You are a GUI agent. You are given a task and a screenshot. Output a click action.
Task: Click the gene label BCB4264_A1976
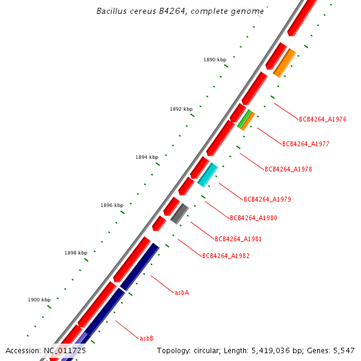(322, 119)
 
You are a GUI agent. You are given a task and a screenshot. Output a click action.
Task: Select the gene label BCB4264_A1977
(306, 144)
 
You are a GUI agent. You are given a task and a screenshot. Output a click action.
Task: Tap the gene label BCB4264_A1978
(288, 169)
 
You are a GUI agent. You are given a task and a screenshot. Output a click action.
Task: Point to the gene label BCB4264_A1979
(267, 199)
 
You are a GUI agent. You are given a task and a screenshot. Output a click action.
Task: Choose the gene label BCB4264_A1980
(253, 218)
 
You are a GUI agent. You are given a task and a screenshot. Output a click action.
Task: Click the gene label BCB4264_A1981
(238, 239)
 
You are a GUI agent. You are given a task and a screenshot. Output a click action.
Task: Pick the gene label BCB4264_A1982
(226, 256)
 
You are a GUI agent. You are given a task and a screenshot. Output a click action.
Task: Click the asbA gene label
(182, 292)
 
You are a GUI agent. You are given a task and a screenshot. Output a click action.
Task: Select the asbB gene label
(146, 338)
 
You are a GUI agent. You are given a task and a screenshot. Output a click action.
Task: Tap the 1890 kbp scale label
(215, 60)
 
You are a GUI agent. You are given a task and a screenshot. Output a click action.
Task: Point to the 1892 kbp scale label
(181, 109)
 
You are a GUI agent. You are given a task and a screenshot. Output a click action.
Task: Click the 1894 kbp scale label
(147, 157)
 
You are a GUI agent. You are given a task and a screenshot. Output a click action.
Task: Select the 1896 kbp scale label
(112, 205)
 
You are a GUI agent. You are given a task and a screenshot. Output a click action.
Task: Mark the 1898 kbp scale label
(76, 253)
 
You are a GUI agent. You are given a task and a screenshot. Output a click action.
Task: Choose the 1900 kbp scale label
(39, 299)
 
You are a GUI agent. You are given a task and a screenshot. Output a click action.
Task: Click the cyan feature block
(208, 174)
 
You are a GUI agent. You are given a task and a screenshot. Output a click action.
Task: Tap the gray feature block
(180, 214)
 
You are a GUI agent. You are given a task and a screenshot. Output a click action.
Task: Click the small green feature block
(244, 119)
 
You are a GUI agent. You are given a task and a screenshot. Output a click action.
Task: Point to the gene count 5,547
(344, 350)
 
